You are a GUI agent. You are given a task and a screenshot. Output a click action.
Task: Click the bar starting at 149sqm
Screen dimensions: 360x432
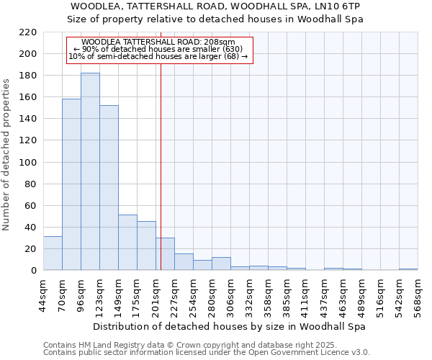pos(127,242)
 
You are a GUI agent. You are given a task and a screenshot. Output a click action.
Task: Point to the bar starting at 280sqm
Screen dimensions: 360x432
pos(221,264)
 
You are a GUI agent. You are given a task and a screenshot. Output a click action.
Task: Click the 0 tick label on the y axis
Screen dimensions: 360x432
pos(33,270)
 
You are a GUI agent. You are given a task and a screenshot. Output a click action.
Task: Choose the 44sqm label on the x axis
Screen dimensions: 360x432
pos(43,295)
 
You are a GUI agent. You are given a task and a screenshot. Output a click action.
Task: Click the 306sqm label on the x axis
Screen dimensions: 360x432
pos(230,295)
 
